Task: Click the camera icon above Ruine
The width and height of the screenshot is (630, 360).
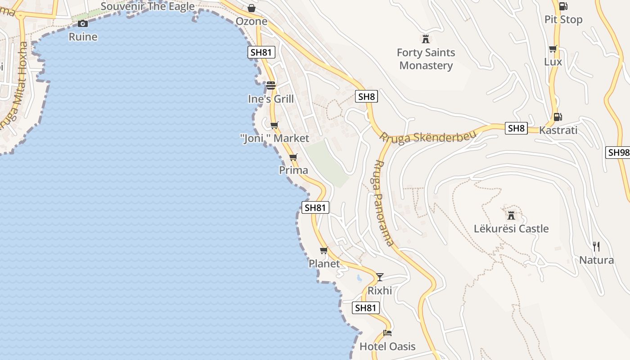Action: (83, 23)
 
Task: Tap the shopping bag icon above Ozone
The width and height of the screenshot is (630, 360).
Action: (252, 8)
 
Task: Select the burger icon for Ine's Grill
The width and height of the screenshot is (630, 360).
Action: (270, 85)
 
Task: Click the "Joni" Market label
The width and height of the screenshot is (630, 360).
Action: (275, 138)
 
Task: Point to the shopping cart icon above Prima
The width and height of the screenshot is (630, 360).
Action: (293, 157)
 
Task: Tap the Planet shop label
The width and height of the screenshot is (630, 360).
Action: (324, 264)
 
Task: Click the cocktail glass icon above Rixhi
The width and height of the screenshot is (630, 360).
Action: (380, 277)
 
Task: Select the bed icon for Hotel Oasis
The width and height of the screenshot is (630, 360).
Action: (387, 333)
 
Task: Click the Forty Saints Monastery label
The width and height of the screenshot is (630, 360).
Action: (426, 59)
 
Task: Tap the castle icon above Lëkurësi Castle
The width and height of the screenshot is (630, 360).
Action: (511, 215)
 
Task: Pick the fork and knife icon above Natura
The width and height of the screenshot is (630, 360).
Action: (596, 246)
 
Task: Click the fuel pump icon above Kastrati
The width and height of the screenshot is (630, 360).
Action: (557, 117)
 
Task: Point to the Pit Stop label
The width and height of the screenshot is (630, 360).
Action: (563, 20)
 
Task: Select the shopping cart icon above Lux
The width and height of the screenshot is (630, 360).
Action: (553, 49)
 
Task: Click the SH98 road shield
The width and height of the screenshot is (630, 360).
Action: (618, 152)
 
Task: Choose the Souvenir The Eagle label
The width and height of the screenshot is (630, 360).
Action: (148, 6)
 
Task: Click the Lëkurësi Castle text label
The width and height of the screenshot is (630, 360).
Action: (511, 229)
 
